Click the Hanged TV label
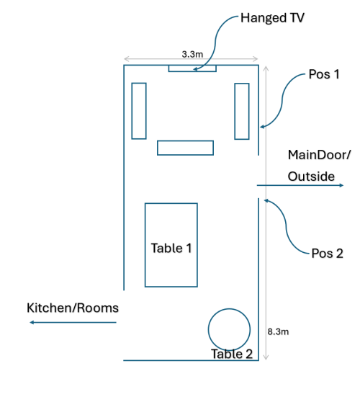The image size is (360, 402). (x=272, y=18)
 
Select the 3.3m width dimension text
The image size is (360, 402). (x=192, y=54)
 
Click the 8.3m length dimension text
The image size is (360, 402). (x=278, y=331)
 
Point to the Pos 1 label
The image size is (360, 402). (x=324, y=74)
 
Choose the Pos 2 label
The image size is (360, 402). (x=327, y=254)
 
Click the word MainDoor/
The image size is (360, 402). (x=319, y=155)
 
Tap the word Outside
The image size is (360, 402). (x=311, y=177)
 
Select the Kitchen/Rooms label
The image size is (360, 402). (x=73, y=308)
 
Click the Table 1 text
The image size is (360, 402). (x=171, y=248)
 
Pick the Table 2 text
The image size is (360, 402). (x=232, y=354)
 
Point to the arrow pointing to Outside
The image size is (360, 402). (x=300, y=185)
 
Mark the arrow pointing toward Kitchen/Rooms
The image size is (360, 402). (x=73, y=322)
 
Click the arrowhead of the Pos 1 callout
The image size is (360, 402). (x=261, y=127)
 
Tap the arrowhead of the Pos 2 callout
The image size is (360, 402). (x=266, y=200)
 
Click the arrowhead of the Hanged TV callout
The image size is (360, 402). (x=194, y=69)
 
